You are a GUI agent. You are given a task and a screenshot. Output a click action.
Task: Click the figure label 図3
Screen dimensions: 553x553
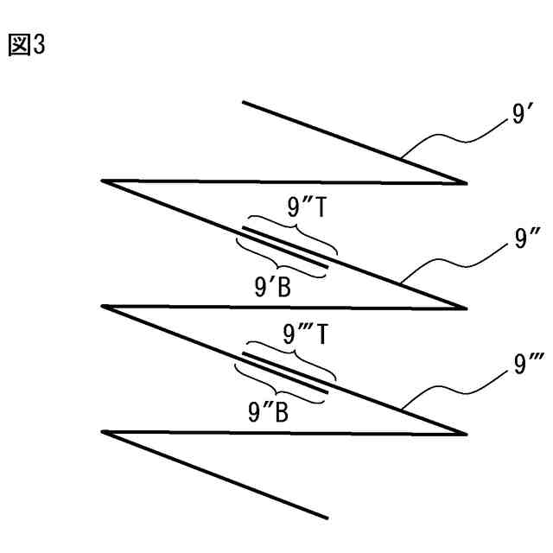pos(26,46)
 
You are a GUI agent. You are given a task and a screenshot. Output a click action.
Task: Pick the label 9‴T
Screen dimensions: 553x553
pos(304,334)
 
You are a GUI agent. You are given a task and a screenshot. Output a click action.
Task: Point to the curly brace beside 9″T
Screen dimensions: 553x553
pos(292,232)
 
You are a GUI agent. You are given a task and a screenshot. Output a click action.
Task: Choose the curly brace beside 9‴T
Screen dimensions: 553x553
pos(292,357)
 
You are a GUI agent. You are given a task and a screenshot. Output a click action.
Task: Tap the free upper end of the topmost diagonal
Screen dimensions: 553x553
pos(244,103)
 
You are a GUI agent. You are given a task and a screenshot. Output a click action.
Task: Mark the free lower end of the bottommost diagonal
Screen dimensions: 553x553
pos(327,518)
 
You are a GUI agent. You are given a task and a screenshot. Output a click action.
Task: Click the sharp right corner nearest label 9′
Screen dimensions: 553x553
pos(466,183)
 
